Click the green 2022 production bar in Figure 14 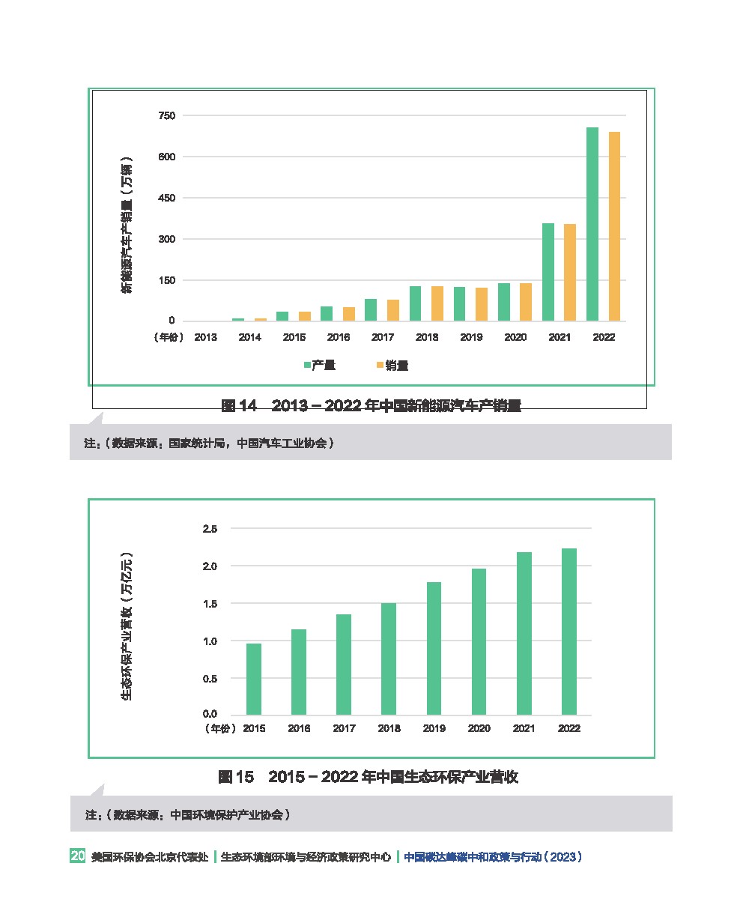click(x=592, y=224)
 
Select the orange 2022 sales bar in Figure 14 click(x=614, y=226)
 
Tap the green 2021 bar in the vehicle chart click(x=548, y=272)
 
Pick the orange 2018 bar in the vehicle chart click(x=437, y=303)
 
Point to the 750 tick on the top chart click(x=166, y=115)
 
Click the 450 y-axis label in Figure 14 click(x=166, y=198)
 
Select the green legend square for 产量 click(x=307, y=366)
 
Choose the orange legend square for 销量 click(x=380, y=366)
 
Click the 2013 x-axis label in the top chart click(x=205, y=337)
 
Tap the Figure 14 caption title click(x=371, y=406)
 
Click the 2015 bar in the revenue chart click(x=254, y=679)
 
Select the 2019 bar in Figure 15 click(x=434, y=648)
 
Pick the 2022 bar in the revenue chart click(x=569, y=632)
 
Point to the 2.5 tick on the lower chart click(x=210, y=529)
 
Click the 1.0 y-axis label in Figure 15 click(x=210, y=641)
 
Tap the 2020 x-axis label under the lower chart click(x=479, y=728)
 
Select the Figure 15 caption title click(x=368, y=777)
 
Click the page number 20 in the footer click(x=77, y=856)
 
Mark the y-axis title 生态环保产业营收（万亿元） click(x=127, y=626)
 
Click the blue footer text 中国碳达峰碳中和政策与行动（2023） click(x=493, y=857)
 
